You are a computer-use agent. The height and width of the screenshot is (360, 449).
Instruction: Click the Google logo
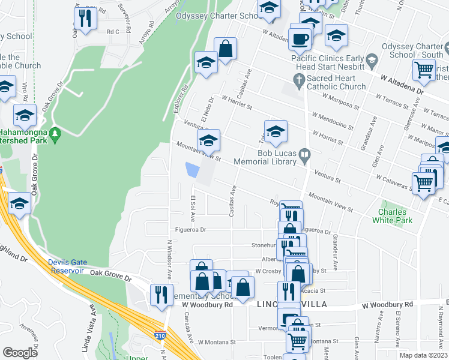[x=20, y=353]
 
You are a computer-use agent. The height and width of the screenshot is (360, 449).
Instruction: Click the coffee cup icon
[x=300, y=40]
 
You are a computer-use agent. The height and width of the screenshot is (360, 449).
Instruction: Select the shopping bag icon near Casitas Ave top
[x=225, y=49]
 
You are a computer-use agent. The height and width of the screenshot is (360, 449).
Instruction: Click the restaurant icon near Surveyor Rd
[x=86, y=19]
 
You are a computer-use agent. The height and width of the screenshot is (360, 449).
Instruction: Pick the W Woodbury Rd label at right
[x=388, y=305]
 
